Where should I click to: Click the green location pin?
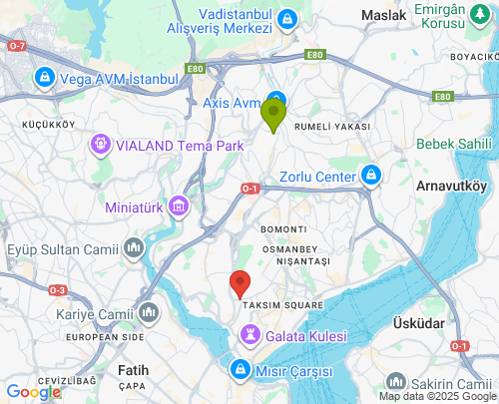pos(273,114)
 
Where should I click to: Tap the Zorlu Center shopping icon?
pos(371,177)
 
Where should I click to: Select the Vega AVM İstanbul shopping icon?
pos(45,77)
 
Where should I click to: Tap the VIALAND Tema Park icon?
pos(100,146)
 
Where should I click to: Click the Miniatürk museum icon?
pos(179,207)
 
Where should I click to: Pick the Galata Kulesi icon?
pos(250,335)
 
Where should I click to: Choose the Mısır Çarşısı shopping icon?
pos(240,370)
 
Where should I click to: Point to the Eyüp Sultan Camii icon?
pos(136,246)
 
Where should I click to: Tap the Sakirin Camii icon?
pos(396,382)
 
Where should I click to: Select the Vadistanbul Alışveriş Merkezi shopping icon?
pos(287,19)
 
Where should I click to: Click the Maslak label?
pos(383,16)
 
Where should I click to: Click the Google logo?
pos(33,392)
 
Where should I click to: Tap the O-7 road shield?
pos(17,46)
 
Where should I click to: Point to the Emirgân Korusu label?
pos(456,15)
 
